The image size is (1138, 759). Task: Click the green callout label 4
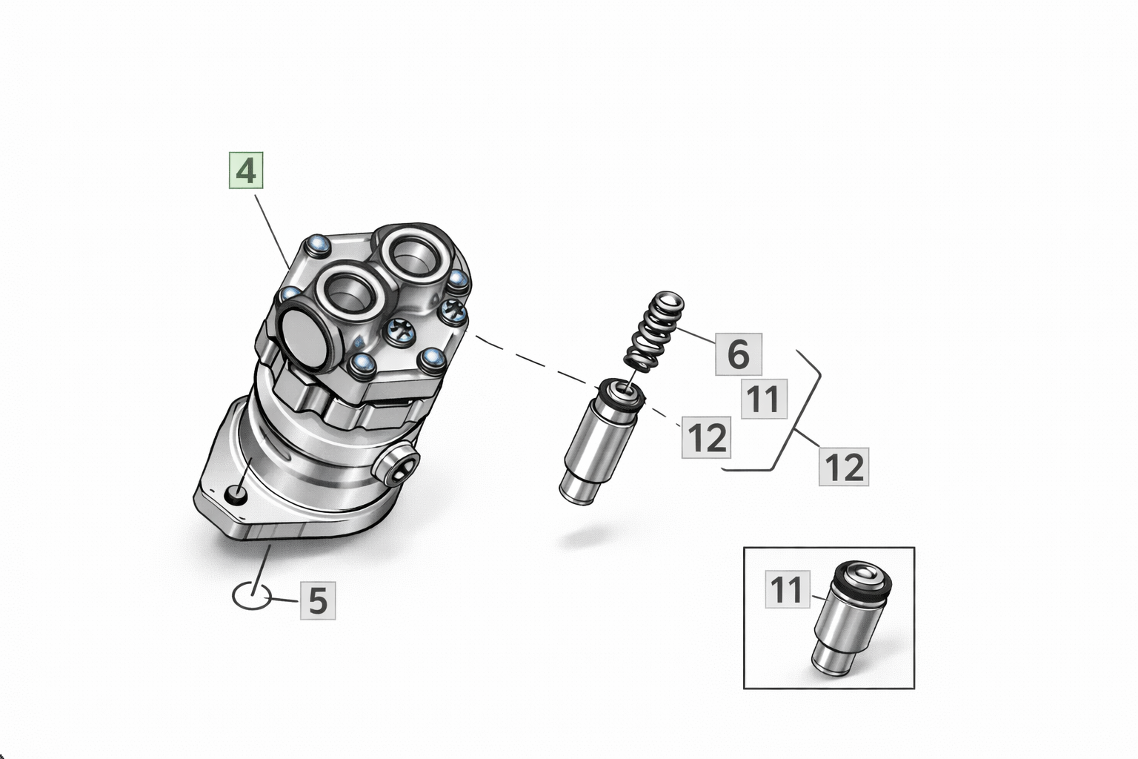[246, 171]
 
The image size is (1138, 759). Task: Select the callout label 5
[318, 600]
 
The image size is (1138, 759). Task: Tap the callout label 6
[738, 354]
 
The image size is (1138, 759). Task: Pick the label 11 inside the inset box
[788, 590]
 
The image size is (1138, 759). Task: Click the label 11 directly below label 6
[764, 399]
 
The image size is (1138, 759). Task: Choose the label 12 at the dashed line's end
[708, 437]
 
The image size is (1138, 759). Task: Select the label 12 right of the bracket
[844, 467]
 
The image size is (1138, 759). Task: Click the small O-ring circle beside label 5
[251, 595]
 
